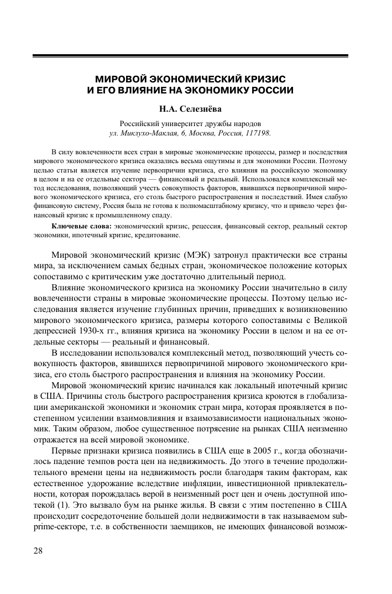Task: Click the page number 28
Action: [39, 551]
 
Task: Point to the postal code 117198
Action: [257, 133]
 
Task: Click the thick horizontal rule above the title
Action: [190, 56]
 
